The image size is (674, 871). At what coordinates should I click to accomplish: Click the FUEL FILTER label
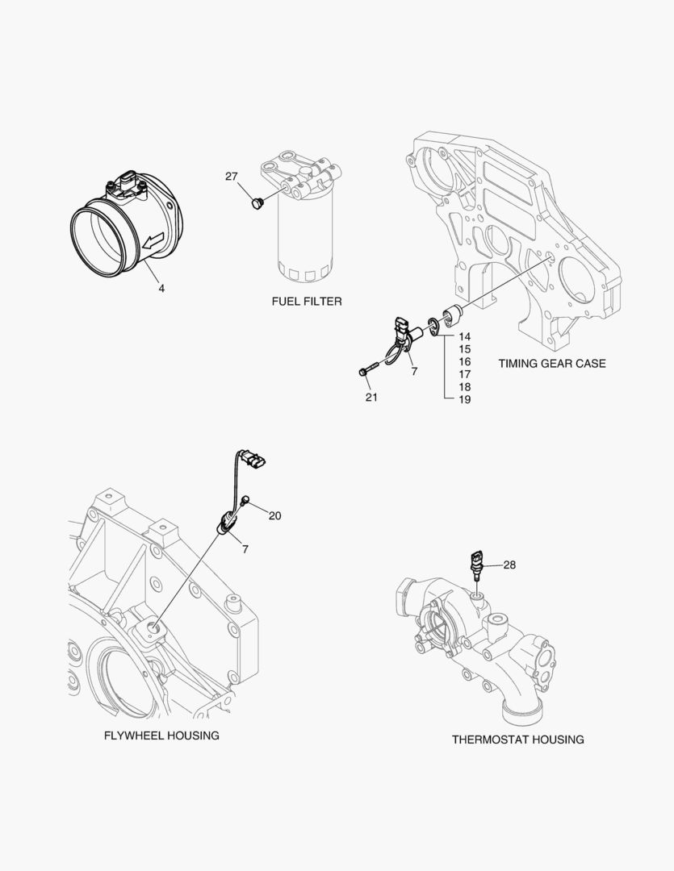tap(306, 302)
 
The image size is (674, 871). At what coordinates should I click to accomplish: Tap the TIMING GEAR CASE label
tap(551, 364)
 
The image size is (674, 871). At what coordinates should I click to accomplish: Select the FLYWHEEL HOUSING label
tap(161, 736)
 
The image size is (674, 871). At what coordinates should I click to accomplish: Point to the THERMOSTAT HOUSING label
tap(517, 740)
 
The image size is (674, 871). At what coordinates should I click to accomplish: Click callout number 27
tap(232, 177)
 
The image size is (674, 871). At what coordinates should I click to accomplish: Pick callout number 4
tap(161, 288)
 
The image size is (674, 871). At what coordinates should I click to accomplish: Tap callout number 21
tap(370, 397)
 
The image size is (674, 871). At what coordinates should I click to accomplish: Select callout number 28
tap(509, 565)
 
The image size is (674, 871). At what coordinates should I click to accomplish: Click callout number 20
tap(274, 516)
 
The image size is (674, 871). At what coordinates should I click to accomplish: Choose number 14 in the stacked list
tap(465, 336)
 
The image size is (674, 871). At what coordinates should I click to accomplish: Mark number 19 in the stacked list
tap(465, 399)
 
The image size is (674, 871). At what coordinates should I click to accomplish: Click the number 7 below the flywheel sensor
tap(245, 549)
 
